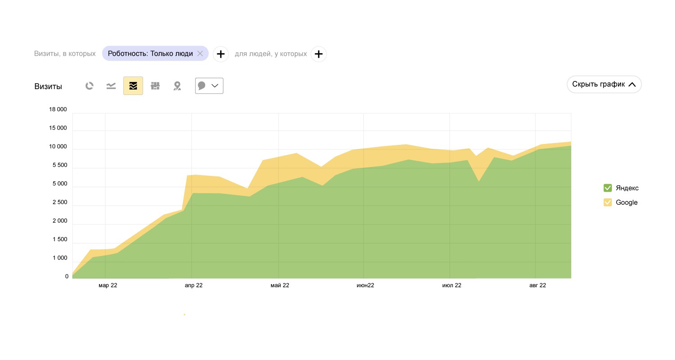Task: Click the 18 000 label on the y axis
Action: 58,109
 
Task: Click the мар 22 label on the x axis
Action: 108,285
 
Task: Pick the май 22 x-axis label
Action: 280,285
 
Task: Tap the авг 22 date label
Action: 537,285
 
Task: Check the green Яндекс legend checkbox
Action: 607,188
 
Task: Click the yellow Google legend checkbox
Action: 607,202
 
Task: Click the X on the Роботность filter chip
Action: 200,54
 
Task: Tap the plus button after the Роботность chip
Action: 220,54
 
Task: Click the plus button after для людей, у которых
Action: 319,54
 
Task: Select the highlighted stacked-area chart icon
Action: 133,86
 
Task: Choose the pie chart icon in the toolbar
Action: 90,86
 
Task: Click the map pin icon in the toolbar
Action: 177,86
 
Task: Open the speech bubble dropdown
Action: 209,86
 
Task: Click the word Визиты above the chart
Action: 48,86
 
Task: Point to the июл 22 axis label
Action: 452,285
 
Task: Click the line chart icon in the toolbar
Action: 111,86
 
